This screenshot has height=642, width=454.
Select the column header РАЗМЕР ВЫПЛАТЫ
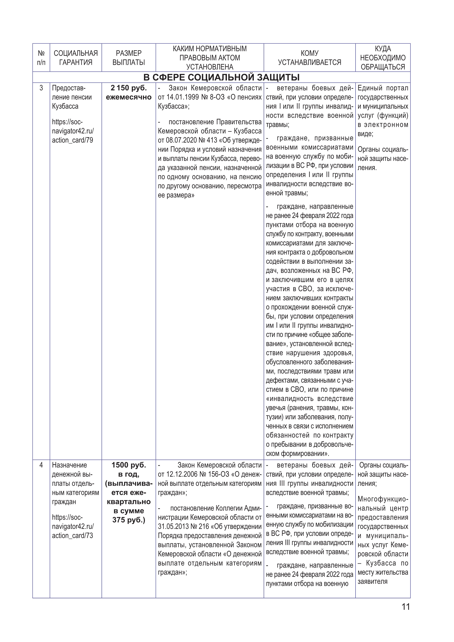click(129, 58)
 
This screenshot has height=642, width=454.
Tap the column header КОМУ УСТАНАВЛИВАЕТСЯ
click(309, 58)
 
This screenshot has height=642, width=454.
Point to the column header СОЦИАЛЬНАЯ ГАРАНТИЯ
click(76, 58)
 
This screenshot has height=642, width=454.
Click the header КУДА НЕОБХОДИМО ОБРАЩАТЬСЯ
click(383, 58)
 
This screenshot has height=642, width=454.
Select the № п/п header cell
click(41, 58)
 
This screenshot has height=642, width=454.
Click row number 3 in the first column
click(41, 88)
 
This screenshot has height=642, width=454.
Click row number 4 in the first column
click(41, 465)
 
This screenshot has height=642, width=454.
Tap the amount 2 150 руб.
click(129, 88)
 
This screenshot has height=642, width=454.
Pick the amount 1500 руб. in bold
click(129, 465)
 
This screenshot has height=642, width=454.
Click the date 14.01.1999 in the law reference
click(181, 97)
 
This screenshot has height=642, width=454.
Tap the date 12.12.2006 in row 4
click(181, 474)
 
